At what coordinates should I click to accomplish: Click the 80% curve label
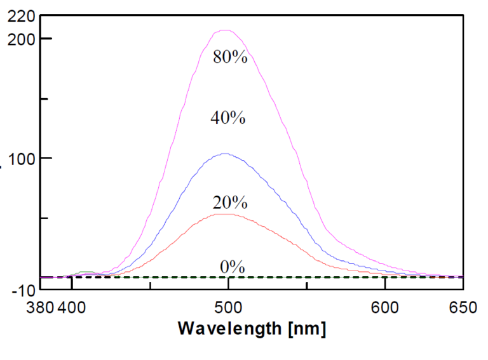230,57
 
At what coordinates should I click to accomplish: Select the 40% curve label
228,118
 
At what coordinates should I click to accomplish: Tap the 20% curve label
229,203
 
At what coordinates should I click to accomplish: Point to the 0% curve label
232,267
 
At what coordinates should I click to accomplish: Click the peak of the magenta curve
225,30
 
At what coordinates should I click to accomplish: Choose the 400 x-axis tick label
71,308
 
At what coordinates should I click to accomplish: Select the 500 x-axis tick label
227,308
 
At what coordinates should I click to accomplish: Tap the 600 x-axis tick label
384,308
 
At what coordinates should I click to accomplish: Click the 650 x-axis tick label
462,308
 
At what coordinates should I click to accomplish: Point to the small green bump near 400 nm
84,272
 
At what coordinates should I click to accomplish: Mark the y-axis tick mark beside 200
46,38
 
